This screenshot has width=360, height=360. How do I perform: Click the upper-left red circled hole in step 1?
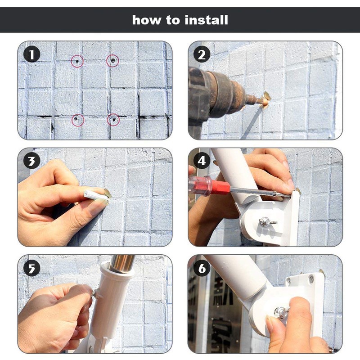[77, 60]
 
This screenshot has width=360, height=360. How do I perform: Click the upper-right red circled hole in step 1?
[112, 60]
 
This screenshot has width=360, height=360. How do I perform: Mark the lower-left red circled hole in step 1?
[78, 120]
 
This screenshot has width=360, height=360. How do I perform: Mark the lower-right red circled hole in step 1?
[113, 120]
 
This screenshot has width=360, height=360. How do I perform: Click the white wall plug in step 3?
[96, 195]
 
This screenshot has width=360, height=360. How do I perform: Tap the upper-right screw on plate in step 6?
[311, 280]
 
